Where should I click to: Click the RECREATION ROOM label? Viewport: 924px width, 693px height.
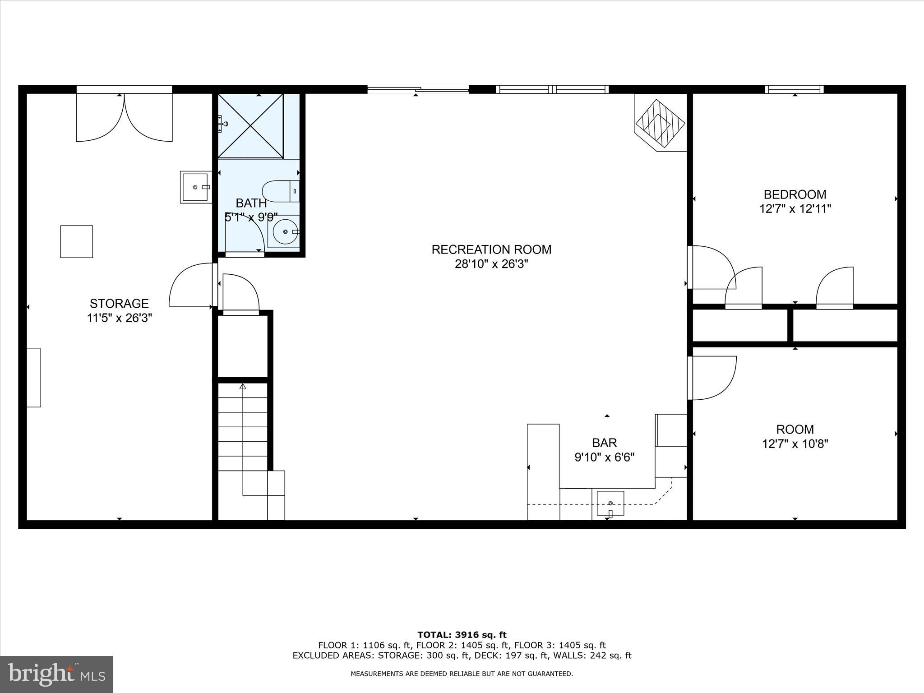coord(491,249)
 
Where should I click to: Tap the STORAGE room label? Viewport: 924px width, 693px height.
coord(119,303)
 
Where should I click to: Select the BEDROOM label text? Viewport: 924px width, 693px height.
coord(795,194)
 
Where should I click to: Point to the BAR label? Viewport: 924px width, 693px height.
coord(604,443)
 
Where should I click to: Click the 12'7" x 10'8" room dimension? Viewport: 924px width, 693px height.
coord(795,444)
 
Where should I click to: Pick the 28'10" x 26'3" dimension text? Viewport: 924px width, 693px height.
coord(491,264)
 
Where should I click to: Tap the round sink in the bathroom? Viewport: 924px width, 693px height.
coord(285,231)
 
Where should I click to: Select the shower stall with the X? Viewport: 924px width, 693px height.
coord(250,126)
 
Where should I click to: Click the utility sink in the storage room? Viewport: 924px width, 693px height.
coord(195,187)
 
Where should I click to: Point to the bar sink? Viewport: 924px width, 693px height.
coord(610,503)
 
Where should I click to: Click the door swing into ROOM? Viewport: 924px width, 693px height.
coord(711,378)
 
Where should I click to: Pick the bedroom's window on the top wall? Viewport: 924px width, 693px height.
coord(794,89)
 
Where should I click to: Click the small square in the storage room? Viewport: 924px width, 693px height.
coord(77,241)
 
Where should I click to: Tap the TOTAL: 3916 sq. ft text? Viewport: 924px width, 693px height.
coord(462,635)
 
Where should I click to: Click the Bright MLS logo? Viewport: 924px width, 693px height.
coord(56,674)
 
